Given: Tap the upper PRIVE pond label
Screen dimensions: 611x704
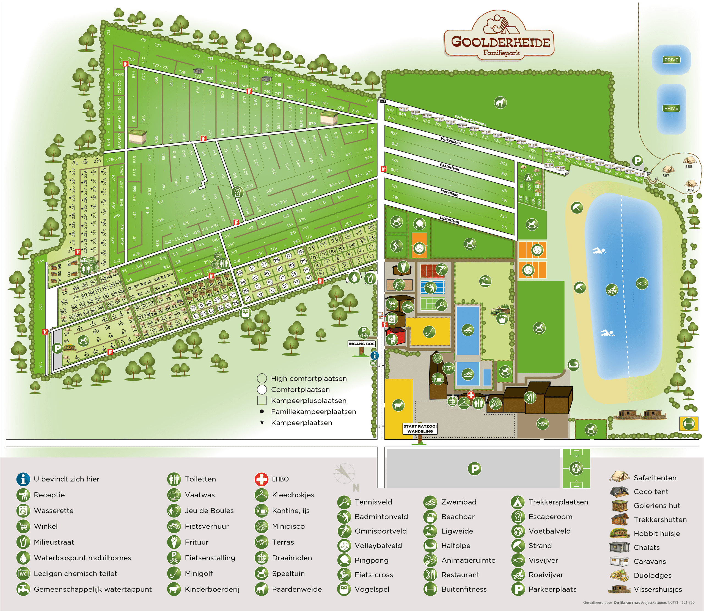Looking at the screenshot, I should (671, 60).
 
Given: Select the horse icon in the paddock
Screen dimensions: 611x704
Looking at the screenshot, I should (500, 102).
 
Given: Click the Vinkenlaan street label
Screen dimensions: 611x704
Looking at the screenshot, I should (450, 140).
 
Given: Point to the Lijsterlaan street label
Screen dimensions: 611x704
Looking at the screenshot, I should (449, 220).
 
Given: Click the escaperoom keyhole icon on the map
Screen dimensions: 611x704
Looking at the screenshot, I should (238, 193).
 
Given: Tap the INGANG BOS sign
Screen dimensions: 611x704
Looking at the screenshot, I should (361, 344).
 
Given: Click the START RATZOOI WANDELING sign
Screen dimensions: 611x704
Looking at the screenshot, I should (420, 429).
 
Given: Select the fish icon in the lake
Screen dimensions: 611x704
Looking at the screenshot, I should (642, 283).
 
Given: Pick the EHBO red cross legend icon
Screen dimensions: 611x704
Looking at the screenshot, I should (261, 479).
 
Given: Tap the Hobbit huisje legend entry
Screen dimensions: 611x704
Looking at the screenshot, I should (656, 534).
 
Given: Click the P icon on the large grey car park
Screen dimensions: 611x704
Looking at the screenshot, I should (474, 468).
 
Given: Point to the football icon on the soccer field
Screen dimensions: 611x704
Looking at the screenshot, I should (576, 468).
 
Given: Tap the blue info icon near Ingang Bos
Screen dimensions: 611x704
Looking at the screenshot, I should (375, 356).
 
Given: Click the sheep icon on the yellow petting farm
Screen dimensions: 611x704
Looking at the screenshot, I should (398, 405).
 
